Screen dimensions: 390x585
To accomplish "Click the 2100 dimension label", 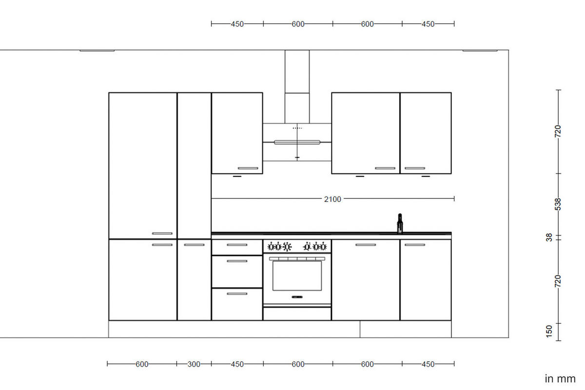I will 332,199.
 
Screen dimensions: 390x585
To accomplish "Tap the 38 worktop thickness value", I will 549,237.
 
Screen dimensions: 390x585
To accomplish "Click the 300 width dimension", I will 194,364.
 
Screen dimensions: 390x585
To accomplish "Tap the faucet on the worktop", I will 400,223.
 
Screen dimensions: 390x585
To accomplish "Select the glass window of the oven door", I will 297,275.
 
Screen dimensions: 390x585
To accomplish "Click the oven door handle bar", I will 297,258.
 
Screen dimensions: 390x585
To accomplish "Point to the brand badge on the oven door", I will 297,296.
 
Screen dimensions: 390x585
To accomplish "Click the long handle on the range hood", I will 297,142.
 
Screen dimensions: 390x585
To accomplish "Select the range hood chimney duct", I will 297,85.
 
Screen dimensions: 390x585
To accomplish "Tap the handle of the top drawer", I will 237,245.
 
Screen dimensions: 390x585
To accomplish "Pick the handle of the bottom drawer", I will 237,293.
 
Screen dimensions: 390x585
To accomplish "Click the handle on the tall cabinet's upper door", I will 162,234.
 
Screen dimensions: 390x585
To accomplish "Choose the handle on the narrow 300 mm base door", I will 194,245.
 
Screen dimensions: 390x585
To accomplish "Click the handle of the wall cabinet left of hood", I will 248,168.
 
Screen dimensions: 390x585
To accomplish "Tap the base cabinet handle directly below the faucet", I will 414,245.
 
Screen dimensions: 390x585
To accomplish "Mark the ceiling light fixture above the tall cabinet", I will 97,50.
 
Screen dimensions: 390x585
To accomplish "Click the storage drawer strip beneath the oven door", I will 297,314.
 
